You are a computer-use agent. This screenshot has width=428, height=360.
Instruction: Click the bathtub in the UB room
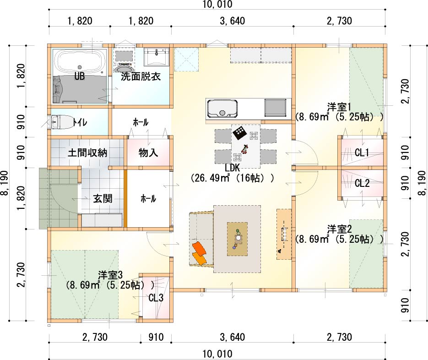pyautogui.click(x=80, y=62)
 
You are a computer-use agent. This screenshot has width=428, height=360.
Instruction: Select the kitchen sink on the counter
pyautogui.click(x=222, y=109)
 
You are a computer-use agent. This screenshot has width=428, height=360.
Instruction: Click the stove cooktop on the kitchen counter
pyautogui.click(x=276, y=108)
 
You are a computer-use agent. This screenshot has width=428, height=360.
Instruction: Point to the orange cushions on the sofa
pyautogui.click(x=199, y=253)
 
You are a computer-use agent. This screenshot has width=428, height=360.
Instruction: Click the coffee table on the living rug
pyautogui.click(x=237, y=239)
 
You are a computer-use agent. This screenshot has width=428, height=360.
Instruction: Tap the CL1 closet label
pyautogui.click(x=362, y=153)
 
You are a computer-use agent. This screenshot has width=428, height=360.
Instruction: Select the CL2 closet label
pyautogui.click(x=362, y=183)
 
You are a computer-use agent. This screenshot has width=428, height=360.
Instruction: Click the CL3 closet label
pyautogui.click(x=156, y=297)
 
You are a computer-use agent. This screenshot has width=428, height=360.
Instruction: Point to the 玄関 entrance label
pyautogui.click(x=103, y=199)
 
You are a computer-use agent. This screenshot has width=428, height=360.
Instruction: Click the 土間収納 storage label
pyautogui.click(x=87, y=153)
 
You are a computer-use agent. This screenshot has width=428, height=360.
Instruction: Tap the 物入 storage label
pyautogui.click(x=148, y=153)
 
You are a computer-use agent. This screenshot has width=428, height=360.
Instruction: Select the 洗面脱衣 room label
pyautogui.click(x=141, y=76)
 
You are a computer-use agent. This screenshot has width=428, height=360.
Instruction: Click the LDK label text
pyautogui.click(x=232, y=168)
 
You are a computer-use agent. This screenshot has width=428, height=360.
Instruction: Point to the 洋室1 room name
pyautogui.click(x=339, y=107)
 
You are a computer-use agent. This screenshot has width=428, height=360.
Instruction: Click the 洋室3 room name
pyautogui.click(x=110, y=275)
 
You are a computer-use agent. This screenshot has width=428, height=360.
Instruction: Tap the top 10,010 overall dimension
pyautogui.click(x=217, y=5)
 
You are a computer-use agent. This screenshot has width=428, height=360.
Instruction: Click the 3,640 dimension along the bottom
pyautogui.click(x=232, y=337)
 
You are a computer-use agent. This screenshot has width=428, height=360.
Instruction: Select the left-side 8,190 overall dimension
pyautogui.click(x=5, y=183)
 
